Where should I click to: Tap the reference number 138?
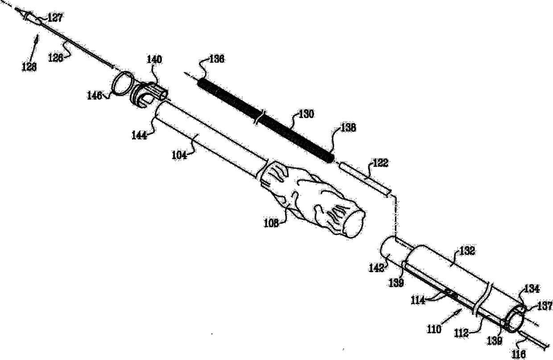coord(348,128)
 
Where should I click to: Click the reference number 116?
coord(519,355)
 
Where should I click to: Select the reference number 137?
coord(545,306)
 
